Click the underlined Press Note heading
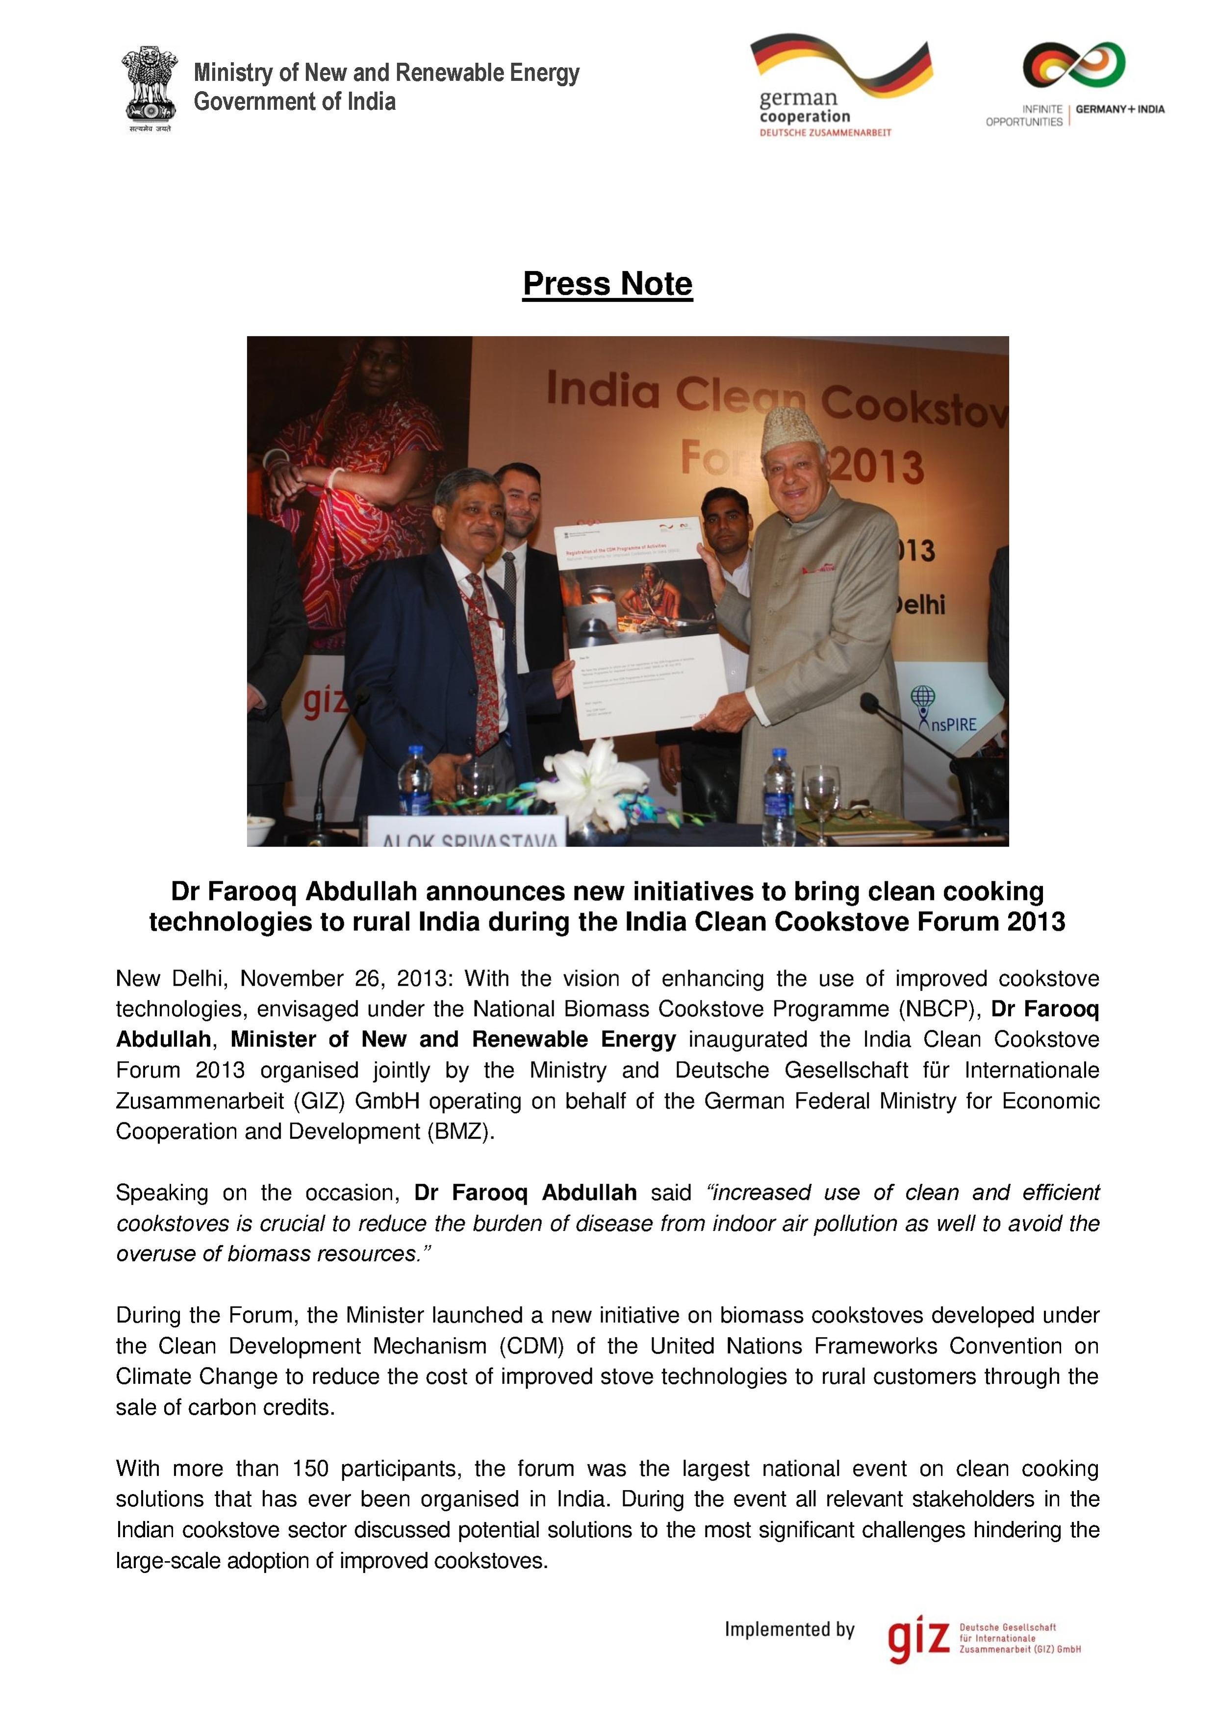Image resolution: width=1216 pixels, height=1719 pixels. point(607,284)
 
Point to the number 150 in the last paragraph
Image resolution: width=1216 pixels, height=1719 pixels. point(310,1468)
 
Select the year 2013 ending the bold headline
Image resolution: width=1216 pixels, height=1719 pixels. point(1036,922)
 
